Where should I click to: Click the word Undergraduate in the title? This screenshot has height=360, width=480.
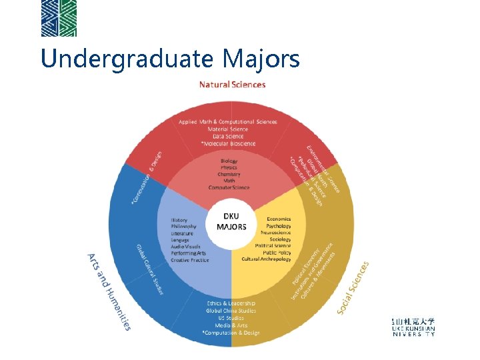[x=127, y=59]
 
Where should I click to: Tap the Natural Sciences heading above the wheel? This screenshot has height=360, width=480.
[x=232, y=85]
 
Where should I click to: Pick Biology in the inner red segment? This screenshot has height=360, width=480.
[x=229, y=161]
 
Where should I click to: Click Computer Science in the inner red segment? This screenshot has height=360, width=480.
[x=229, y=187]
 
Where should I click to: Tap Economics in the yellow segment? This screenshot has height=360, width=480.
[x=279, y=219]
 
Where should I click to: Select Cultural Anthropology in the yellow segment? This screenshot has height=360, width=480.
[x=267, y=259]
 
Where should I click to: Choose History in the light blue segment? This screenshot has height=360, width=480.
[x=179, y=220]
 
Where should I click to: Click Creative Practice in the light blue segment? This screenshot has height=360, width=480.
[x=190, y=260]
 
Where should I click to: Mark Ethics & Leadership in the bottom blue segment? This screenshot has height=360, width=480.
[x=231, y=304]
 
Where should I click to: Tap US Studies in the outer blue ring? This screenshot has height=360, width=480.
[x=231, y=318]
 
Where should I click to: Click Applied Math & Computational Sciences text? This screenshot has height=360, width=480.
[x=228, y=122]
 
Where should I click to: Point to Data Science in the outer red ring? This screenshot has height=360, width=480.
[x=228, y=136]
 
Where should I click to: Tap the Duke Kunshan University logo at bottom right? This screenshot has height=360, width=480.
[x=413, y=327]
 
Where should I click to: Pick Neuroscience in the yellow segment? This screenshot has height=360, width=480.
[x=275, y=233]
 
